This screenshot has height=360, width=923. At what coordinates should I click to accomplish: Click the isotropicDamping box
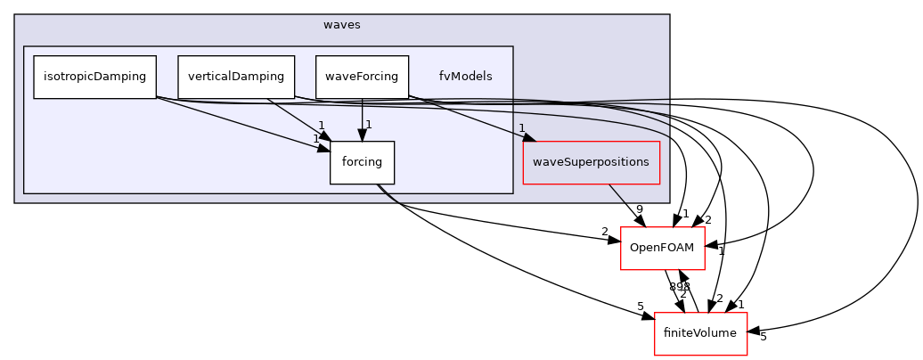(94, 77)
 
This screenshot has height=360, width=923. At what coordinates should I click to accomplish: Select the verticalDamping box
(236, 77)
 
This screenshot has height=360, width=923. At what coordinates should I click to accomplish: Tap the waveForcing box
(362, 77)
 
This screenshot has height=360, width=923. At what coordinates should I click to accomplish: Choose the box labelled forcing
(362, 162)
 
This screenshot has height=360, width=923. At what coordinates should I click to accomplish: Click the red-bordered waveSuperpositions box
(591, 162)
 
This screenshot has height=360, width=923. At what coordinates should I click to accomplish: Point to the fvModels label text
(465, 77)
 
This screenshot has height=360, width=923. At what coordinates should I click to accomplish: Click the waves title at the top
(342, 25)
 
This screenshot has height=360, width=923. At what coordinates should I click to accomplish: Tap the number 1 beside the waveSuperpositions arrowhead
(521, 128)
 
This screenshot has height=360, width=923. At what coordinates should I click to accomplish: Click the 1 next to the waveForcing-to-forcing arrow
(368, 125)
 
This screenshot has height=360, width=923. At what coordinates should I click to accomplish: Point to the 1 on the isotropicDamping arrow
(315, 138)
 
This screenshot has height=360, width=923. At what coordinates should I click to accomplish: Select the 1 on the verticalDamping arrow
(321, 126)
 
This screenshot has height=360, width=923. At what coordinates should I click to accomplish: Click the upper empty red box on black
(662, 249)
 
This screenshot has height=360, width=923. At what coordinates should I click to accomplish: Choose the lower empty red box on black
(700, 334)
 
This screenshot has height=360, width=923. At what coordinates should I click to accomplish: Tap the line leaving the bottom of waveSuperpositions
(617, 193)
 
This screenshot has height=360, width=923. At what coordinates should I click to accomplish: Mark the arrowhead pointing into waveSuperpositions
(528, 138)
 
